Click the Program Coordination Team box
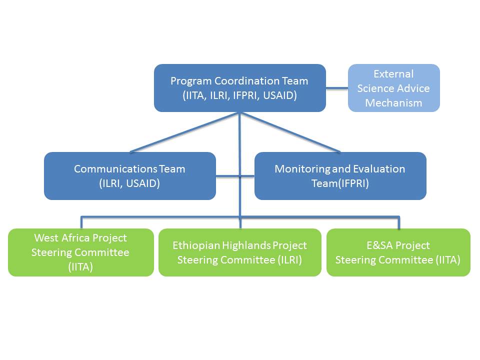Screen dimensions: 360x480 [239, 88]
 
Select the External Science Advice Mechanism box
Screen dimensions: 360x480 [393, 88]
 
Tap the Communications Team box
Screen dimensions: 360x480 [129, 176]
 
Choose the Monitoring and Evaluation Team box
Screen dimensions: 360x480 [340, 176]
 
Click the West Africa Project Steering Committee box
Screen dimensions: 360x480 [80, 252]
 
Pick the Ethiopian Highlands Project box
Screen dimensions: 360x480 [239, 252]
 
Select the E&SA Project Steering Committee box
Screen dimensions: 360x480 [398, 252]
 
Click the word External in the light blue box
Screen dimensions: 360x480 [393, 74]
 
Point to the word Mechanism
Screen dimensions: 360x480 [393, 103]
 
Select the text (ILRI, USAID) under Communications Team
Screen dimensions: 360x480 [129, 183]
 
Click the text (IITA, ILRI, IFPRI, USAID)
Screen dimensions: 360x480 [239, 95]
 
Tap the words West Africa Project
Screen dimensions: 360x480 [80, 238]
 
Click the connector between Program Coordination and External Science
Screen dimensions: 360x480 [337, 88]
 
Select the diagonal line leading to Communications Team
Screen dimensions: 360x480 [185, 132]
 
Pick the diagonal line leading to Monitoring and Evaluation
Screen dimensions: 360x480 [290, 132]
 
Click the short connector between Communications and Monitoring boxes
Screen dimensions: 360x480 [228, 176]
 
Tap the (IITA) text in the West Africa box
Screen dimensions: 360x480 [80, 267]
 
